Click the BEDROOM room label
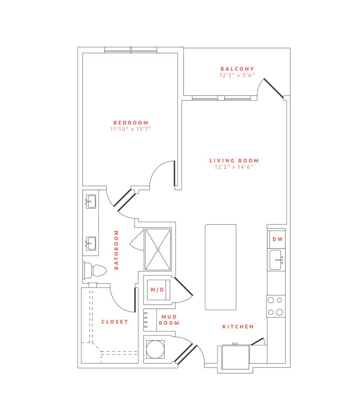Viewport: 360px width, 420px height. (131, 123)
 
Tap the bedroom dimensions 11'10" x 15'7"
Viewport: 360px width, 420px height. (131, 129)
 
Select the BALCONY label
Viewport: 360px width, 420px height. (237, 69)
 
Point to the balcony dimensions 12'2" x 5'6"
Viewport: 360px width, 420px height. (237, 75)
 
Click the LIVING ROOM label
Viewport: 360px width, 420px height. (234, 161)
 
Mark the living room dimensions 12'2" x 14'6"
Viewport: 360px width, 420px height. (234, 167)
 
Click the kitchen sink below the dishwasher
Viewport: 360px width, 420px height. (276, 260)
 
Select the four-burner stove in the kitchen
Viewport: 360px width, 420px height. (275, 306)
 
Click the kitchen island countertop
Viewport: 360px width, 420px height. (221, 267)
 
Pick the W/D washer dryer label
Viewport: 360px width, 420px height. (156, 290)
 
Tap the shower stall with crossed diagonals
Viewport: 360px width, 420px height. (158, 249)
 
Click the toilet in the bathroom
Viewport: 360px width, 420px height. (95, 270)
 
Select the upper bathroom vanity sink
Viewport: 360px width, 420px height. (91, 201)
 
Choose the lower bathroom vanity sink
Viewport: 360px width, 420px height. (91, 243)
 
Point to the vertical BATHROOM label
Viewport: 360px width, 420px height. (116, 249)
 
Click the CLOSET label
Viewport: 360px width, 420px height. (115, 322)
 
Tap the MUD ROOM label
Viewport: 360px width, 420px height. (170, 320)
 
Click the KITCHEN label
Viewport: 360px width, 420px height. (238, 327)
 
